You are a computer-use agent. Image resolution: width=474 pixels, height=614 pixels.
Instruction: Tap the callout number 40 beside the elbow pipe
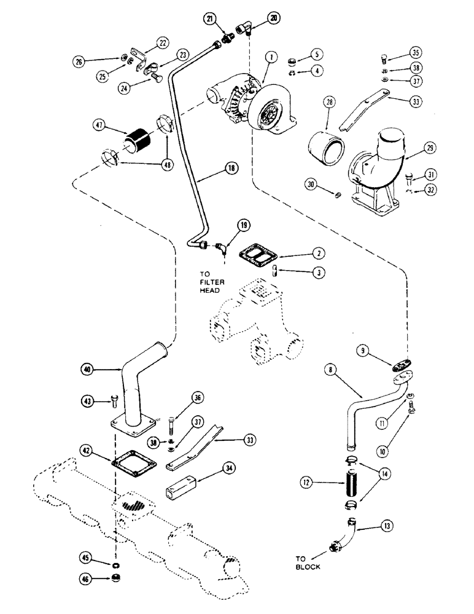[x=90, y=370]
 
